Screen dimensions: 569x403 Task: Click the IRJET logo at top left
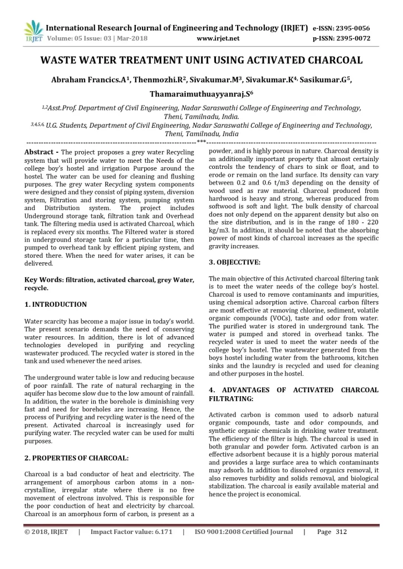[x=33, y=31]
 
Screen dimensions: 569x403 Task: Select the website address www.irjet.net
[x=218, y=38]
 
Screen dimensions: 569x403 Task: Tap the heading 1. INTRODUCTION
[x=56, y=305]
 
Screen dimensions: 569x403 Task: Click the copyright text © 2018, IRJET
[x=46, y=532]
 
